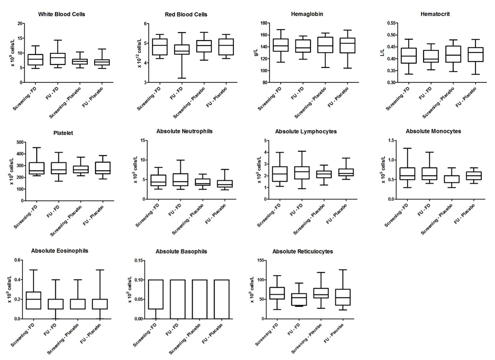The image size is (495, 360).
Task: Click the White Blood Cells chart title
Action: [62, 14]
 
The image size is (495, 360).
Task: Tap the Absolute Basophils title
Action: [181, 251]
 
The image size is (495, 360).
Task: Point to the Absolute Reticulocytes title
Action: [303, 251]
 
